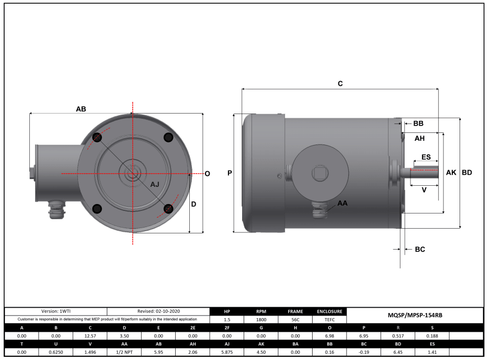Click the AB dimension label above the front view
pos(81,109)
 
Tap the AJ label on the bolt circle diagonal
pos(155,185)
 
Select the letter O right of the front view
pos(208,174)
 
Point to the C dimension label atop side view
pos(340,84)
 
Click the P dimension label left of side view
pos(230,173)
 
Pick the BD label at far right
pos(467,173)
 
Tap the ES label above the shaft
pos(426,157)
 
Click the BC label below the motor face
pos(419,250)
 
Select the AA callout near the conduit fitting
pos(342,203)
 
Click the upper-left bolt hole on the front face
pos(97,137)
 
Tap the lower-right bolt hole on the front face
pos(168,208)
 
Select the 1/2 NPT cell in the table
pos(124,352)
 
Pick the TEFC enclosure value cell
pos(329,319)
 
